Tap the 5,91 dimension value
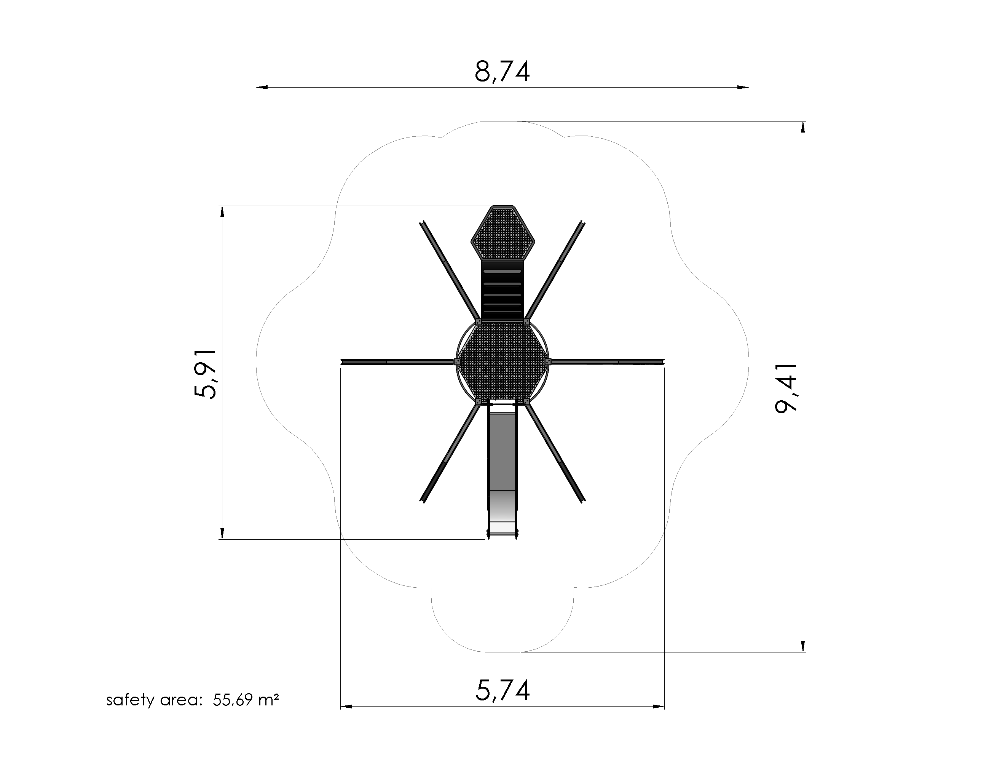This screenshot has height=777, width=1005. (205, 374)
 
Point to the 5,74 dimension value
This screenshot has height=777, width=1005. (502, 691)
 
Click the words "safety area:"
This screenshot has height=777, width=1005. (155, 700)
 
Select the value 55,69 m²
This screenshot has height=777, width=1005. (246, 700)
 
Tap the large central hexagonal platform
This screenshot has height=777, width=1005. (502, 361)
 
